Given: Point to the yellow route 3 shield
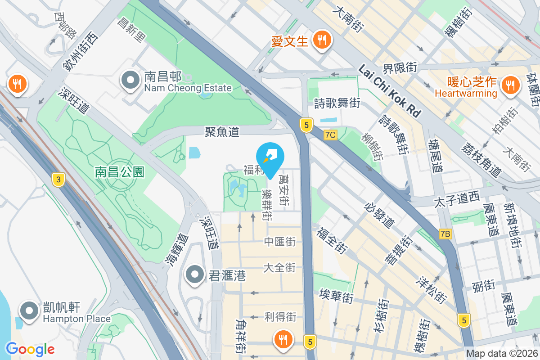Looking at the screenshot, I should tap(57, 180).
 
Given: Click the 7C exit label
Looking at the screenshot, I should tap(330, 135).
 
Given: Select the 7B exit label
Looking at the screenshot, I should tap(445, 234).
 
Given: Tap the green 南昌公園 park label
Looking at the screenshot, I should tap(119, 171).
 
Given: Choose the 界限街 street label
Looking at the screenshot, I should tap(400, 68).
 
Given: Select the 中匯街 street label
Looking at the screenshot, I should tap(279, 242).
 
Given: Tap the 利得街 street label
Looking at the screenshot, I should tap(280, 317).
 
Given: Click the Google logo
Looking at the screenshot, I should tap(30, 349).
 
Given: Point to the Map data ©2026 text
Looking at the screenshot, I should tap(502, 354).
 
